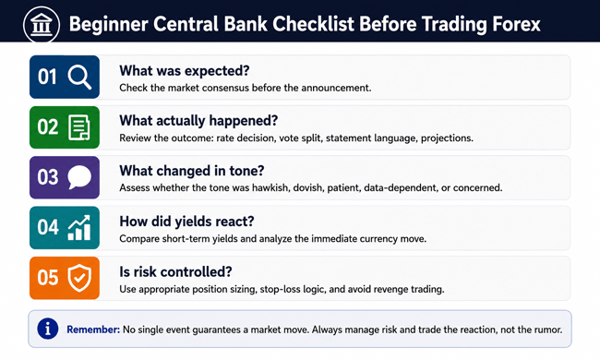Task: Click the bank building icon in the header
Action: (42, 25)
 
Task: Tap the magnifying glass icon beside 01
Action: (80, 77)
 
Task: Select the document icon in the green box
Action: (79, 127)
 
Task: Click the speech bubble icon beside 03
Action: (79, 177)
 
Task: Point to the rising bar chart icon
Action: (79, 228)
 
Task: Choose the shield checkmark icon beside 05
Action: (79, 278)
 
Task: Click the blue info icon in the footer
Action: (48, 329)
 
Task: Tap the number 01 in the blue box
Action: (47, 77)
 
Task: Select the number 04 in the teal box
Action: (48, 227)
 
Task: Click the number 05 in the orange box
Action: (48, 277)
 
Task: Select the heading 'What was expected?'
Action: (185, 71)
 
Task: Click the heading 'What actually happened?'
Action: (198, 121)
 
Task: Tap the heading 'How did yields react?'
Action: (186, 222)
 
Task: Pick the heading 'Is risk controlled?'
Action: (175, 272)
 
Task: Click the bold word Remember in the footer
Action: (93, 330)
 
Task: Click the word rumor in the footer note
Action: (548, 330)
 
